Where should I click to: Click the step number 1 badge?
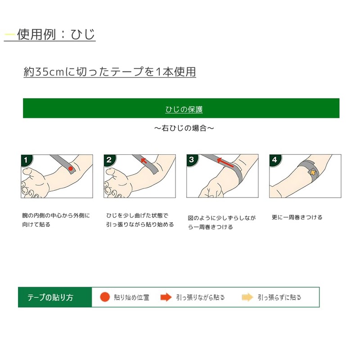26,160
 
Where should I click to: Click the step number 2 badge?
109,160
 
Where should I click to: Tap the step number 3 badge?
192,160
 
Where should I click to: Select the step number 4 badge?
274,160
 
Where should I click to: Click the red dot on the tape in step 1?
71,169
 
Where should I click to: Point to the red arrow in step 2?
144,160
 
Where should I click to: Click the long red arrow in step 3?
225,162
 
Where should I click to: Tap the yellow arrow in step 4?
313,172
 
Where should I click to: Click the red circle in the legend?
105,297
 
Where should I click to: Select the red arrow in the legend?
166,297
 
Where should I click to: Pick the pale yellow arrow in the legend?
247,297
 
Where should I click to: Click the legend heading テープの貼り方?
50,297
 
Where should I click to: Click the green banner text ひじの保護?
184,109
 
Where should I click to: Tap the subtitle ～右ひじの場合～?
184,128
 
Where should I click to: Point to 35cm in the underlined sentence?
50,72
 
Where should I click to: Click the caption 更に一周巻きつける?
297,217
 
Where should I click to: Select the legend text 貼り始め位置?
131,297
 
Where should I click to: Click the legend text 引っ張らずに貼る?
279,297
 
